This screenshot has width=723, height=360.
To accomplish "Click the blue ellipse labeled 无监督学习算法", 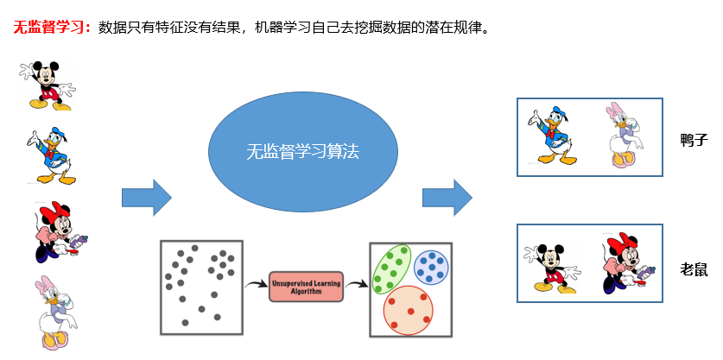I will [x=302, y=152].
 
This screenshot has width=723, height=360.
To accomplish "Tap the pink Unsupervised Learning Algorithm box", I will [x=306, y=286].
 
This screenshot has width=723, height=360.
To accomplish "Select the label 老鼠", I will [x=694, y=270].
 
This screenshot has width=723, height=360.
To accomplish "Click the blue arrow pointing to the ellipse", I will [x=146, y=199].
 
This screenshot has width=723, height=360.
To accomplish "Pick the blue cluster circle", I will [x=431, y=267].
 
